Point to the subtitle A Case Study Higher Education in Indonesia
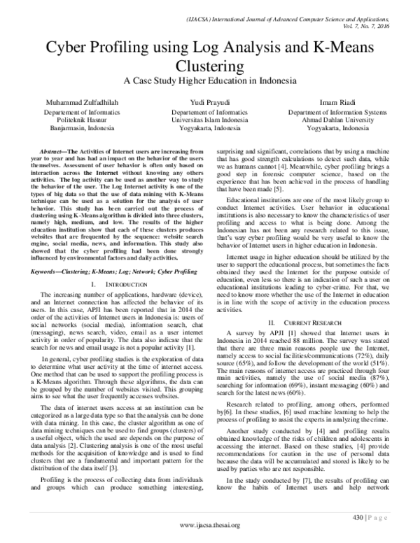click(210, 81)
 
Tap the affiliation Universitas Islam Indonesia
click(209, 120)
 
